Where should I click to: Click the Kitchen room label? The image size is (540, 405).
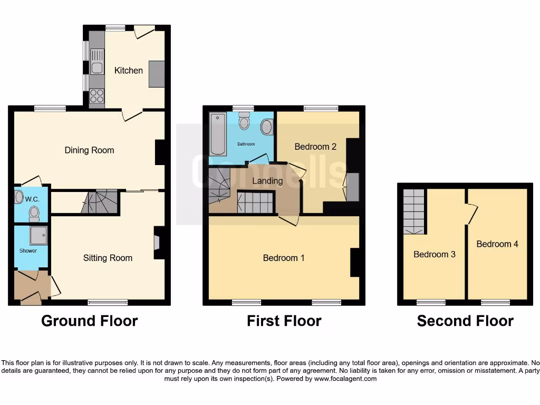pyautogui.click(x=129, y=70)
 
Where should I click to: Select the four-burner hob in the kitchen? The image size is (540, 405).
pyautogui.click(x=97, y=95)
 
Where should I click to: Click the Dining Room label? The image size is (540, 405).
pyautogui.click(x=89, y=150)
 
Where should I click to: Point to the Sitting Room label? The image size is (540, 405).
pyautogui.click(x=108, y=258)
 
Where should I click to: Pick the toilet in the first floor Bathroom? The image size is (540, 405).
pyautogui.click(x=244, y=122)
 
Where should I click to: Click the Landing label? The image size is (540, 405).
pyautogui.click(x=267, y=181)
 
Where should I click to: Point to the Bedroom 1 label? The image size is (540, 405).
pyautogui.click(x=284, y=258)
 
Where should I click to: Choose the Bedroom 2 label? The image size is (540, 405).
pyautogui.click(x=315, y=147)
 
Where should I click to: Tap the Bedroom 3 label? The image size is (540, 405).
pyautogui.click(x=434, y=254)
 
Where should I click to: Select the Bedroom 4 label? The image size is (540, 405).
pyautogui.click(x=497, y=244)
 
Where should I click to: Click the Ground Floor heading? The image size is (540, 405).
pyautogui.click(x=89, y=321)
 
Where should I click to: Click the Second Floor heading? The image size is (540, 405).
pyautogui.click(x=465, y=321)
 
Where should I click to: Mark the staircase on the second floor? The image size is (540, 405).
pyautogui.click(x=414, y=211)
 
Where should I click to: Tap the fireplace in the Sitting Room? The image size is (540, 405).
pyautogui.click(x=157, y=243)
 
